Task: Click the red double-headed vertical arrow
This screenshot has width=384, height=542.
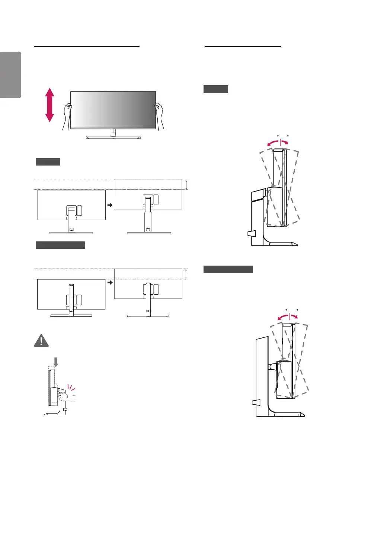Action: [49, 105]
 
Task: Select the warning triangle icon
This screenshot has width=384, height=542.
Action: [41, 340]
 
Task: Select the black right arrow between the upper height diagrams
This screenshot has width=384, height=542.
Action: [110, 205]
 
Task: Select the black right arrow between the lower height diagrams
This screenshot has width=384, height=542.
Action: [110, 283]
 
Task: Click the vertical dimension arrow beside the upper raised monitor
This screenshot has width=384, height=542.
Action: [186, 185]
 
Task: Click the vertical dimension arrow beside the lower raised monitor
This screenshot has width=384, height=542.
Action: [186, 274]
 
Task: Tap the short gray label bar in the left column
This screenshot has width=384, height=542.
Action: [48, 162]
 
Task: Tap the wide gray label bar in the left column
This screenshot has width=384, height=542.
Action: [60, 245]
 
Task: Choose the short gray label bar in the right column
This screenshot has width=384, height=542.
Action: [216, 89]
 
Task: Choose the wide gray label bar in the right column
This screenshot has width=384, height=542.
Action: [228, 269]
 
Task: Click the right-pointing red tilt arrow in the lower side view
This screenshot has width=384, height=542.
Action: [294, 317]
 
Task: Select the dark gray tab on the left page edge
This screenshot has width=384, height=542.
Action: [10, 75]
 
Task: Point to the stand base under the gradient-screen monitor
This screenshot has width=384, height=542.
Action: [113, 137]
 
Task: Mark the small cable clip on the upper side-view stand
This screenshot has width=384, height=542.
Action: [251, 234]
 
